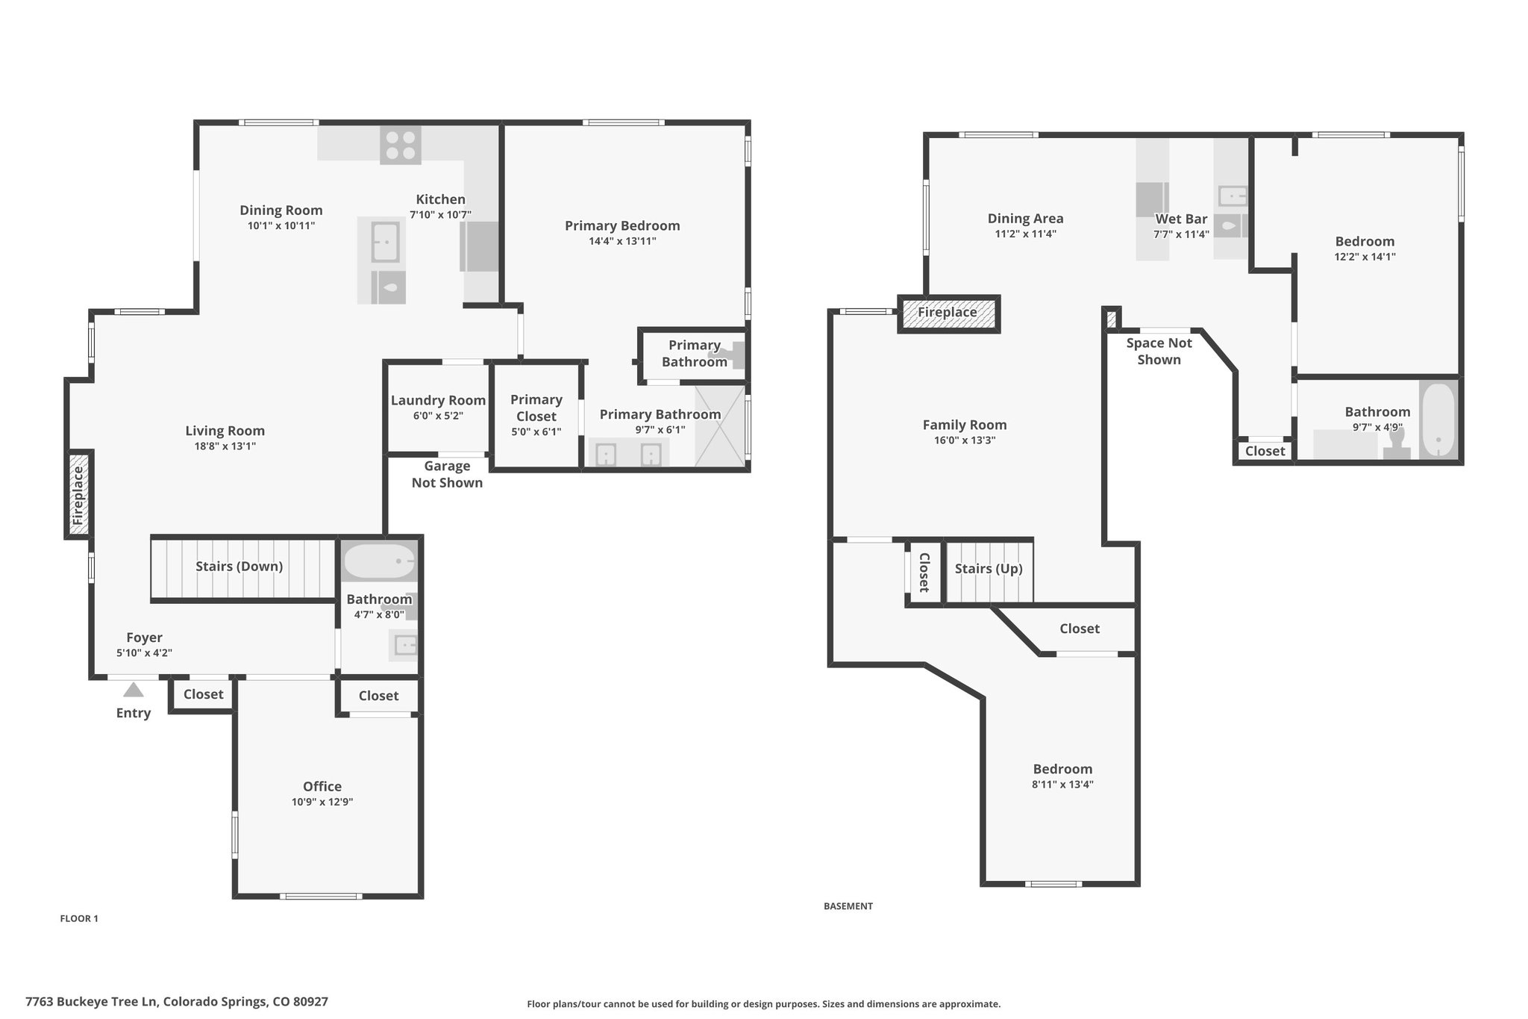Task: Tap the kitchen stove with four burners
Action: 401,145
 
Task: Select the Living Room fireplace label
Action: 78,495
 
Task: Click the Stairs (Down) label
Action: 239,567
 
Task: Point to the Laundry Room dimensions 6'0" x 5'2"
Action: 438,416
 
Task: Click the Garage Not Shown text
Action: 447,474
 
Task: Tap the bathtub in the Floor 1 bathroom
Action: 380,561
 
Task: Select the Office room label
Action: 322,786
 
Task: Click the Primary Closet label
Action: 536,408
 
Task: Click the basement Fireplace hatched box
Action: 948,314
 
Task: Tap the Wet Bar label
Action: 1181,219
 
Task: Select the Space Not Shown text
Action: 1159,351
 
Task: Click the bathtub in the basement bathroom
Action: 1438,420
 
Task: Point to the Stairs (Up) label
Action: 989,569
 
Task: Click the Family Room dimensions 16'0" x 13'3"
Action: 965,440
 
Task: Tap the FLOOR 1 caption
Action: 79,919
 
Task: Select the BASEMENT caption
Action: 848,906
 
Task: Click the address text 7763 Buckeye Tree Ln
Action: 91,1002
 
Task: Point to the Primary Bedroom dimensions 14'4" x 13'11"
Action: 622,241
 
